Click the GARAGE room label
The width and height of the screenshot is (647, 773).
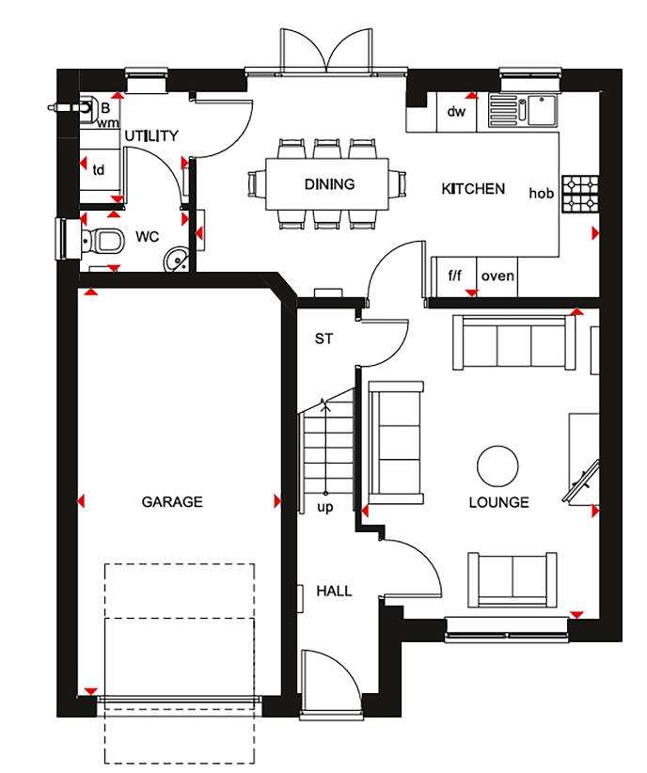coord(172,502)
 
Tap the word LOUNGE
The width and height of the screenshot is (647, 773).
coord(498,502)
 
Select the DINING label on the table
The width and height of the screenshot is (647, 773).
coord(329,184)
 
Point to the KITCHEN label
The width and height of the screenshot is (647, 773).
coord(473,189)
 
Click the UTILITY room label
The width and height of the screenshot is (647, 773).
coord(151,136)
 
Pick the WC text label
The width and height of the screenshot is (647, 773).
coord(147,236)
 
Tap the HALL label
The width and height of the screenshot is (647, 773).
coord(334,592)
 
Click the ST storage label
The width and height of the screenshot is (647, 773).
coord(323,339)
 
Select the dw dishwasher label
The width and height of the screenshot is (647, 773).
coord(456,113)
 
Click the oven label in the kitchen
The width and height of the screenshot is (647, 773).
coord(497,276)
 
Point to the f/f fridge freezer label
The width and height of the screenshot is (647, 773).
coord(454,276)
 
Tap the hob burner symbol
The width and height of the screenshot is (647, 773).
coord(580,193)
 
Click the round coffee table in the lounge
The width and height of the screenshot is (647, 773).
coord(496,465)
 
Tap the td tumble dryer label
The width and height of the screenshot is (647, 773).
coord(98,170)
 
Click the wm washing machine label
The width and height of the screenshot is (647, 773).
coord(108,122)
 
